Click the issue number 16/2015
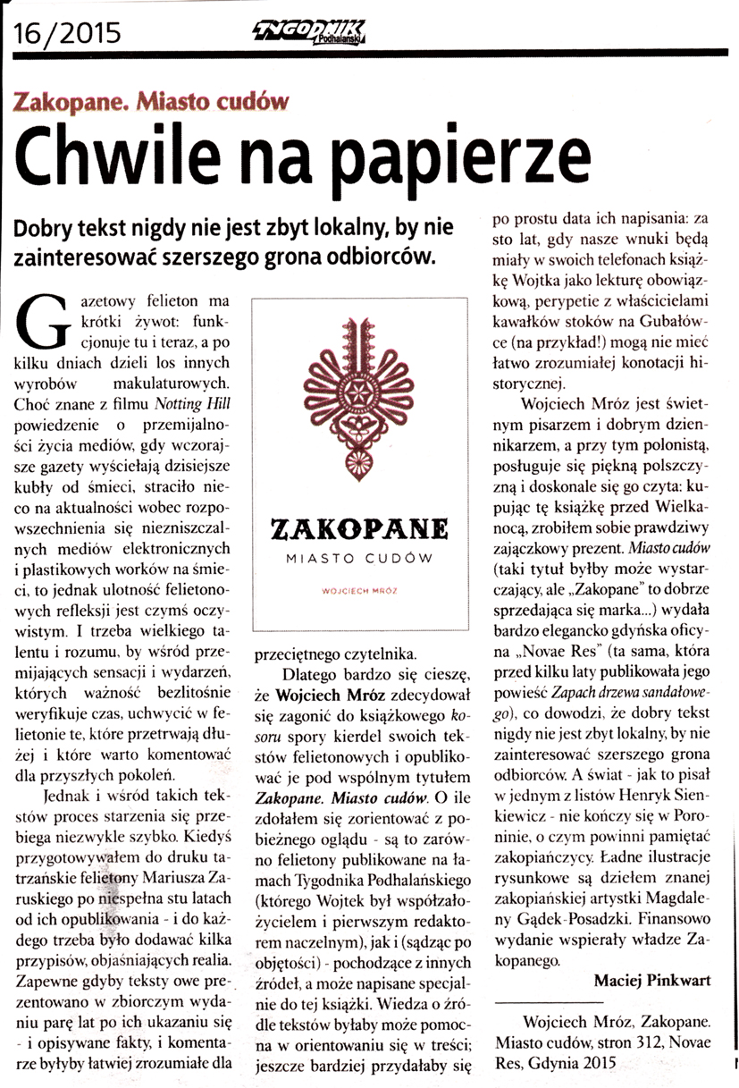point(67,35)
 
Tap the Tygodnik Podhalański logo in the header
point(314,36)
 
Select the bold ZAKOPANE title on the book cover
point(362,531)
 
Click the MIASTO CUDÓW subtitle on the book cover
point(362,559)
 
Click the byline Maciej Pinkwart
point(653,981)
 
